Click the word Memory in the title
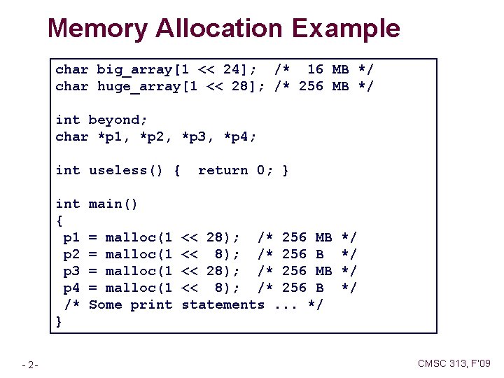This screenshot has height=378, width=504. tap(97, 29)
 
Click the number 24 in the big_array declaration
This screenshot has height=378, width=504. tap(231, 69)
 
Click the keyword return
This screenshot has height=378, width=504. tap(223, 170)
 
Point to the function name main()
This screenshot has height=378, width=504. tap(113, 204)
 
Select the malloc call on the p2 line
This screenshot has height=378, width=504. tap(139, 254)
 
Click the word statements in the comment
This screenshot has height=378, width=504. tap(223, 304)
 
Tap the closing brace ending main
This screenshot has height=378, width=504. tap(59, 321)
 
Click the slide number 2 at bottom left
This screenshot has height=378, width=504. tap(32, 364)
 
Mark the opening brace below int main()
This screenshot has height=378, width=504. tap(59, 220)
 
